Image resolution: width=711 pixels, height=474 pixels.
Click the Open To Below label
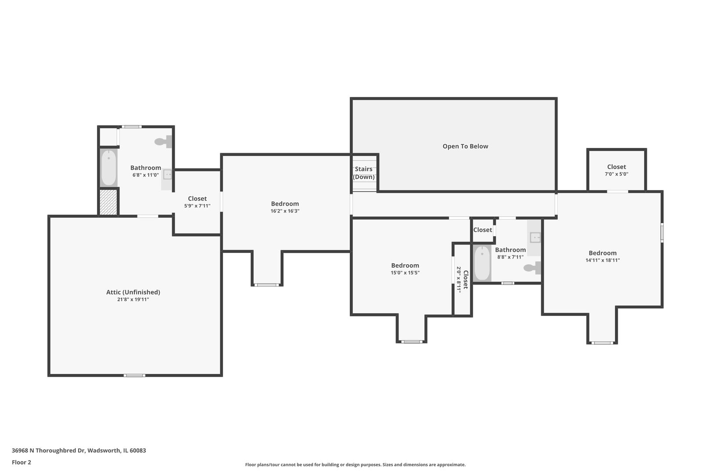465,147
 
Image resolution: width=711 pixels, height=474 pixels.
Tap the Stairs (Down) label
364,173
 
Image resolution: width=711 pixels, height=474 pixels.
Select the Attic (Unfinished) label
133,292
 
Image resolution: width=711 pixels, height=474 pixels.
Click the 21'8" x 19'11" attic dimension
133,300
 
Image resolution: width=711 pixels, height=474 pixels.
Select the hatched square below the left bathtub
108,202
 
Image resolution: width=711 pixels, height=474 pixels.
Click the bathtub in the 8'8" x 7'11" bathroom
482,263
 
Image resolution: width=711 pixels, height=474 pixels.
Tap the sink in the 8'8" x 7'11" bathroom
535,237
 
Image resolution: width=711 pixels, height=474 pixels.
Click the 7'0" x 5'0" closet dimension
616,174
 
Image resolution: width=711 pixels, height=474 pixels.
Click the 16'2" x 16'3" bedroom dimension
285,211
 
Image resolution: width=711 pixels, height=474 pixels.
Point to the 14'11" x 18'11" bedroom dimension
603,260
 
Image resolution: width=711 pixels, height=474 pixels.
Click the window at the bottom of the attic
134,375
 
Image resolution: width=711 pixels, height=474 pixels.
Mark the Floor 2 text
22,462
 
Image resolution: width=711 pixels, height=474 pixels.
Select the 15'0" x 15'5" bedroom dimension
405,273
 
